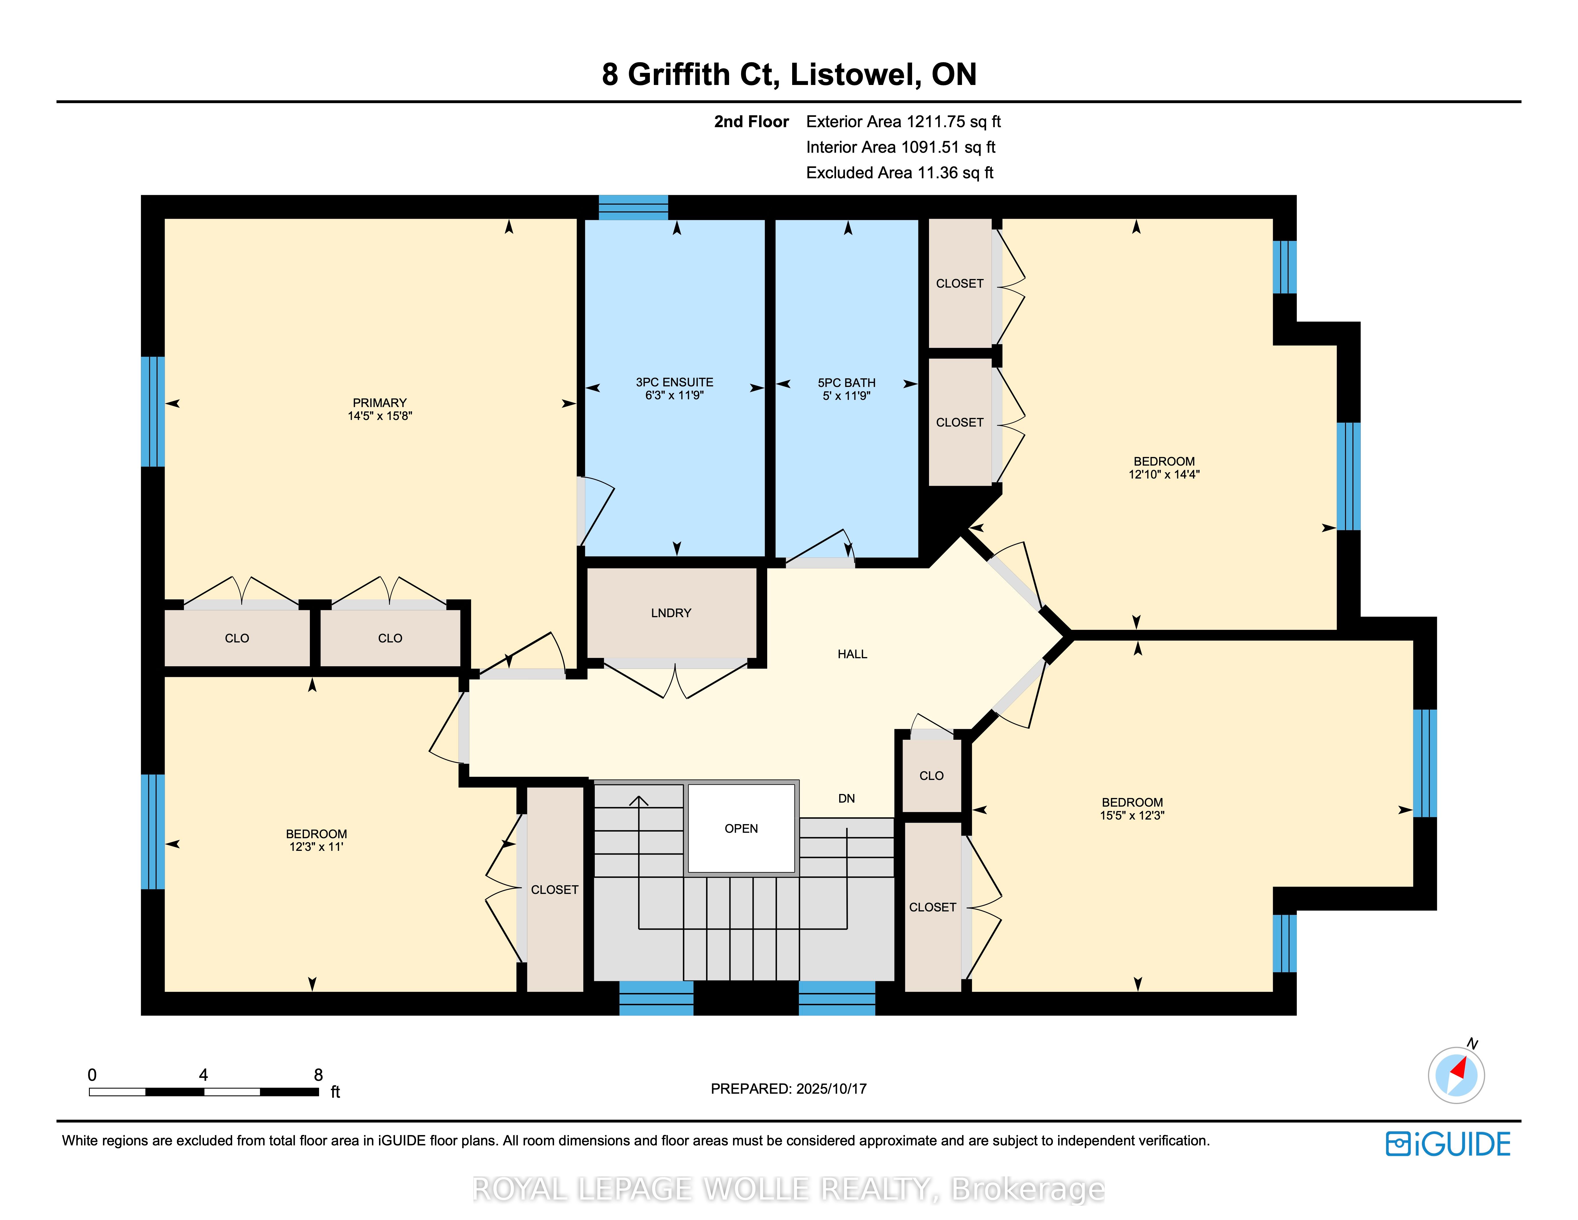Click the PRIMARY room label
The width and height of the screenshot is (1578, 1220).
coord(379,402)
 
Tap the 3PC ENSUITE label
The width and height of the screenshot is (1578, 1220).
coord(674,382)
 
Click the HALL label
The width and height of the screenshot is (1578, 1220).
coord(852,654)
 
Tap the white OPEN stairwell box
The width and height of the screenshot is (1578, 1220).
coord(741,828)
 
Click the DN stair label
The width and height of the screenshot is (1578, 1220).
coord(846,799)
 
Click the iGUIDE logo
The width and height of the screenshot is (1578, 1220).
coord(1448,1144)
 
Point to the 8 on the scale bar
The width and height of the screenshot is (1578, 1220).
coord(318,1075)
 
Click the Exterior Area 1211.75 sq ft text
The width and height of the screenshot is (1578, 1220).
coord(903,121)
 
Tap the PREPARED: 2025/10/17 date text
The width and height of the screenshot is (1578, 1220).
coord(788,1089)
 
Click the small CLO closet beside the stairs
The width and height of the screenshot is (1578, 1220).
coord(931,776)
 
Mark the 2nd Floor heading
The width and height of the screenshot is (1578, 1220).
coord(751,121)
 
